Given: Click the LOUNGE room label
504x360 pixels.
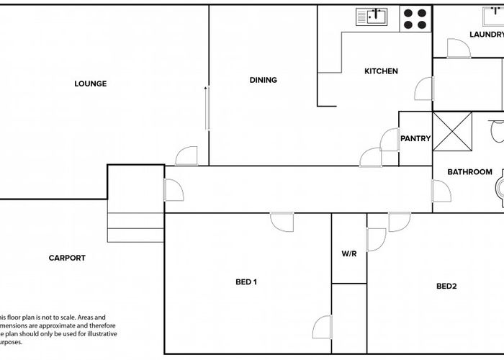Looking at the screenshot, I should click(x=90, y=84).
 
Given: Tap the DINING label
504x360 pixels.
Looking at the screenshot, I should click(x=263, y=80).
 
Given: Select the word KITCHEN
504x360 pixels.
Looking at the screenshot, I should click(x=381, y=71).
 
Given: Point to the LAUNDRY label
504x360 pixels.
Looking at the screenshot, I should click(x=486, y=35).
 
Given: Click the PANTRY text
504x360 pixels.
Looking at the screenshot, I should click(x=415, y=139).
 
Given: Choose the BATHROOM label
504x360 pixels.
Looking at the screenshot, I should click(x=469, y=172).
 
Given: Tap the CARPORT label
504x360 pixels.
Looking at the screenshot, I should click(x=67, y=258).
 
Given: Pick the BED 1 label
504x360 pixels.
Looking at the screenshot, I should click(x=246, y=282).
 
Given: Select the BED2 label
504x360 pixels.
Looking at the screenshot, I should click(x=446, y=286).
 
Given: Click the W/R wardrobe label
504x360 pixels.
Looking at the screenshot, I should click(x=349, y=254).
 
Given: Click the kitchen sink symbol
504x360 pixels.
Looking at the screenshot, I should click(x=372, y=17).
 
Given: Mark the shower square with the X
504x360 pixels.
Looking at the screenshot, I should click(x=452, y=132).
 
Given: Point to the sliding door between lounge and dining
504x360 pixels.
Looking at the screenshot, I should click(x=207, y=108).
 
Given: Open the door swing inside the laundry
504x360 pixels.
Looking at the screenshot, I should click(x=458, y=49).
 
